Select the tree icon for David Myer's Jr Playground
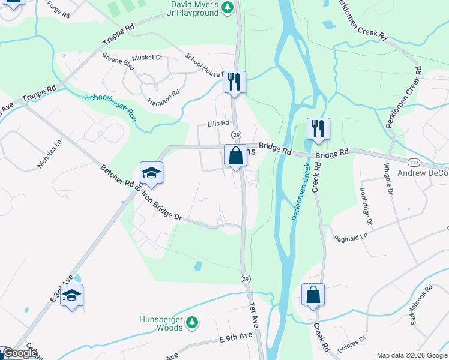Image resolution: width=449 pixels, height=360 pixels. (x=227, y=7)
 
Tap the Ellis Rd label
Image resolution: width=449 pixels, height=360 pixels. (x=219, y=123)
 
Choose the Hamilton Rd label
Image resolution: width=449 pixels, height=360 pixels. (x=163, y=97)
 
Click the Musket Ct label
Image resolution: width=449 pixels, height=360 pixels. (x=147, y=58)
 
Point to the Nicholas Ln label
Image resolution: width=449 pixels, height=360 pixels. (x=50, y=154)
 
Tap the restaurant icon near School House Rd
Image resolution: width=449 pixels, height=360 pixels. (x=234, y=82)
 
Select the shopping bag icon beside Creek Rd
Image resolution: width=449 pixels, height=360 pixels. (x=313, y=295)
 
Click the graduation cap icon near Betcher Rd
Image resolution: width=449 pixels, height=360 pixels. (x=151, y=173)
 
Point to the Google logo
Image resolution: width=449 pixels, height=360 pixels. (x=19, y=353)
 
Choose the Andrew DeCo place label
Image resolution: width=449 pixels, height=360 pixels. (x=423, y=173)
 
